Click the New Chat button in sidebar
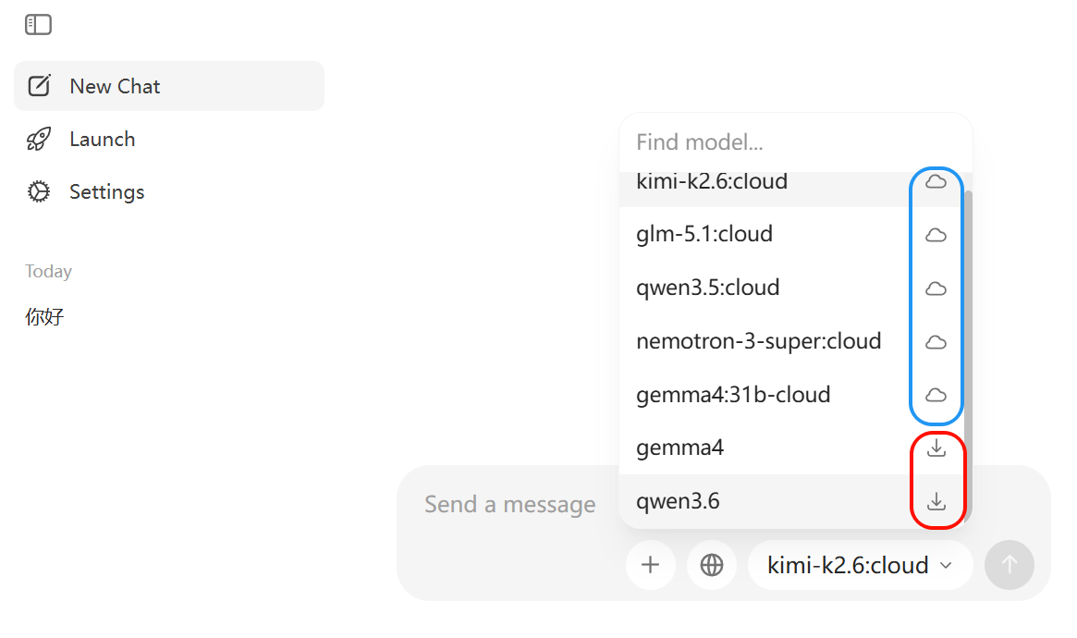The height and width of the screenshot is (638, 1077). (x=169, y=86)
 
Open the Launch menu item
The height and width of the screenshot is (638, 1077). (x=102, y=140)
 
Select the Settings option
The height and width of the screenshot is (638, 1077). (x=106, y=191)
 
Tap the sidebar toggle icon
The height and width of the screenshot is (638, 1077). (x=39, y=25)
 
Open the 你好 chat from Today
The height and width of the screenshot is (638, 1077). (x=44, y=316)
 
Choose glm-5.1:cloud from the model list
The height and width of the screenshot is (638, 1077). (x=704, y=234)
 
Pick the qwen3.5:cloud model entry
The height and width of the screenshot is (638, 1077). (x=707, y=288)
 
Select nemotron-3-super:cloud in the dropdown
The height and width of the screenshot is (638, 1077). (x=758, y=341)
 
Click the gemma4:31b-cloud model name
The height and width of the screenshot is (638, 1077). (x=733, y=395)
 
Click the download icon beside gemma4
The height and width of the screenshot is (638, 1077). (x=936, y=448)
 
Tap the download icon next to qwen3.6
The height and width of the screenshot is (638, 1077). (x=936, y=501)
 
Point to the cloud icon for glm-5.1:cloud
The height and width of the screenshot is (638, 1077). (x=936, y=235)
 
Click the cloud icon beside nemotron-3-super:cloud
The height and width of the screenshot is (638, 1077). (x=936, y=342)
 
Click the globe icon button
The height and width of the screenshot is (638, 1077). (x=712, y=565)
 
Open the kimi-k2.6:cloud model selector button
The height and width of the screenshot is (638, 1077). (x=860, y=565)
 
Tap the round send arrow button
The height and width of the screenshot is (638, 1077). (x=1009, y=565)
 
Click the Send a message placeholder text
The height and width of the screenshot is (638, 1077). (x=509, y=505)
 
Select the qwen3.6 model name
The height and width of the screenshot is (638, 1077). (x=678, y=501)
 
